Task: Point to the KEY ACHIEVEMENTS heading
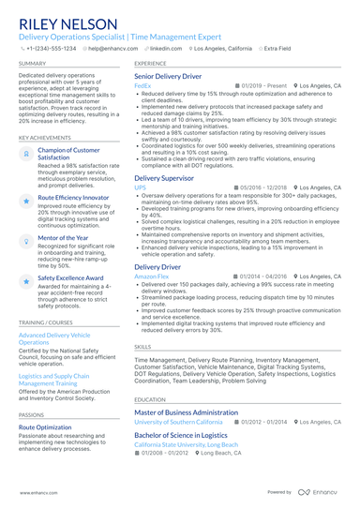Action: (44, 137)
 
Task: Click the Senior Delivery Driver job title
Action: (168, 76)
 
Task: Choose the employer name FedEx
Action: (142, 85)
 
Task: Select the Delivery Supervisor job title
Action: (164, 177)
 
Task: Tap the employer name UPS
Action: (140, 187)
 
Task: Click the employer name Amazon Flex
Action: (152, 277)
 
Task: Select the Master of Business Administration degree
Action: (186, 412)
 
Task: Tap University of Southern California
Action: (186, 422)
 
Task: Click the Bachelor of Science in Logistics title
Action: (181, 435)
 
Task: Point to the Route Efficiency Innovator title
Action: (73, 198)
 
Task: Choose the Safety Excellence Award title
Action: (70, 278)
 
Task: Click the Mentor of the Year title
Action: (63, 238)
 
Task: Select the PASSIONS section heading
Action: (31, 414)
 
